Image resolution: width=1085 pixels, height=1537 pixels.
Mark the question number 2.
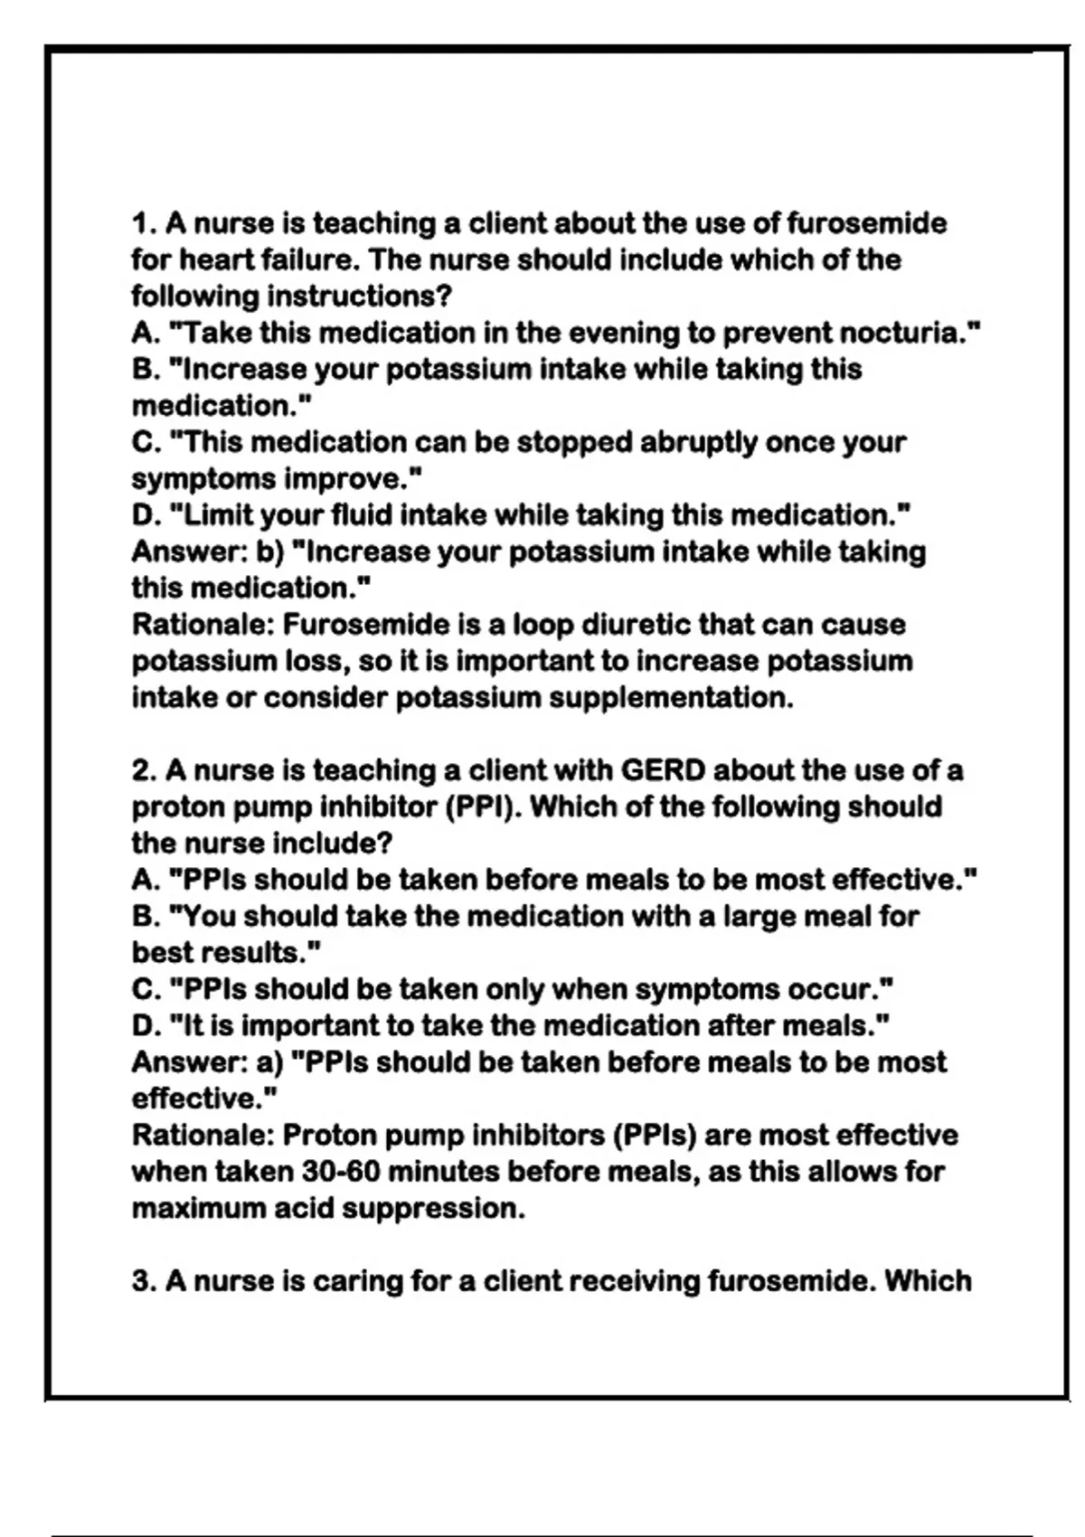tap(143, 771)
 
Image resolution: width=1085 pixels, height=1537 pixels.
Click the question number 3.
tap(143, 1282)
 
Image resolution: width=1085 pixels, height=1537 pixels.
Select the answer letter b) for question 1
tap(270, 552)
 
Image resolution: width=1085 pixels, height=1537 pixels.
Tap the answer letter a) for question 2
tap(270, 1062)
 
